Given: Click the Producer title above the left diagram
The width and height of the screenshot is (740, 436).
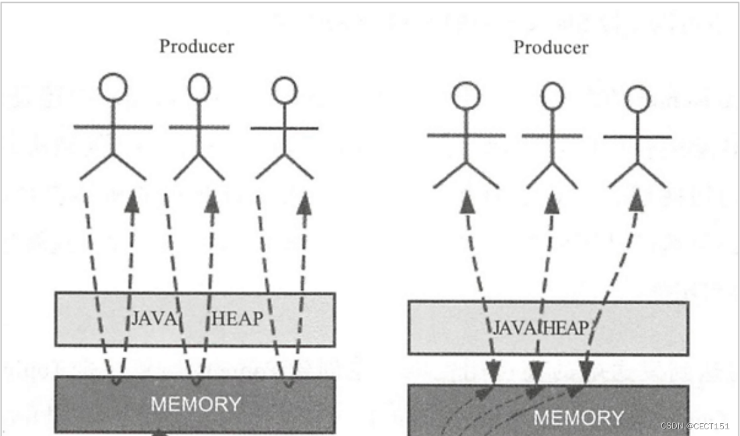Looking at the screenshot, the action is [x=197, y=46].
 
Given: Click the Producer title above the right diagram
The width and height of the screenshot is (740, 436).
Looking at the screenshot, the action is [x=551, y=48].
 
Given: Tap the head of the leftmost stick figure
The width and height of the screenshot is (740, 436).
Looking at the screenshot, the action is [x=113, y=87].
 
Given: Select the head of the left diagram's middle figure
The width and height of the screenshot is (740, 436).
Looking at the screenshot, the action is [x=199, y=87].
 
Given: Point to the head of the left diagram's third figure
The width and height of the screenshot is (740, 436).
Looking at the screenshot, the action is [x=284, y=90].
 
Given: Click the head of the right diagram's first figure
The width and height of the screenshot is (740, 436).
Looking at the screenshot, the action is [x=465, y=95].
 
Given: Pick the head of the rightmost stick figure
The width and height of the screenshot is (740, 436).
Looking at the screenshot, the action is [x=637, y=99].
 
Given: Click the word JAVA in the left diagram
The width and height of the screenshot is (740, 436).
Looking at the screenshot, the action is [x=153, y=319].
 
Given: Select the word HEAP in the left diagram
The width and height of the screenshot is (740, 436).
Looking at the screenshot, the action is [x=237, y=319].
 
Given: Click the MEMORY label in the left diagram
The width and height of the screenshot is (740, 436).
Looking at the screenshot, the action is [x=195, y=404].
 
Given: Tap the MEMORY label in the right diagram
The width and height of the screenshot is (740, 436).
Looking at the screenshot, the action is [x=578, y=418].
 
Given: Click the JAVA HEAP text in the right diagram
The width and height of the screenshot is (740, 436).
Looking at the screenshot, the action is [x=541, y=328].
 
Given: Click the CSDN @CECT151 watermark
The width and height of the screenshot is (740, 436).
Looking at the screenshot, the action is [x=694, y=427].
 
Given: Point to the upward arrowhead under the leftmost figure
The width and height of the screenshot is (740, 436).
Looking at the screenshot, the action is [x=133, y=200].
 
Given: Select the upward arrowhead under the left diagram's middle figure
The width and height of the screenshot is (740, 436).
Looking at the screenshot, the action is [x=213, y=201].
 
